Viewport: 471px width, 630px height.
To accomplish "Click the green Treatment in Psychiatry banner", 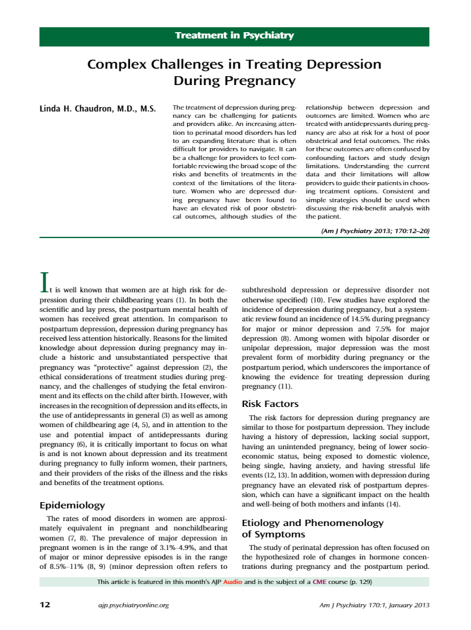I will click(235, 36).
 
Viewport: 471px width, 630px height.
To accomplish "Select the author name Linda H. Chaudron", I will click(98, 109).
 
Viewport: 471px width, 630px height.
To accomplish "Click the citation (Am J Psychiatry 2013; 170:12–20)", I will click(375, 231).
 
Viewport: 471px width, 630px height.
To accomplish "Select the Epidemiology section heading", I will click(72, 505).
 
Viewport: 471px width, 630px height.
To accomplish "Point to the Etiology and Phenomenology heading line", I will click(312, 523).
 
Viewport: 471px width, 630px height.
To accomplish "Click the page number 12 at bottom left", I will click(45, 605).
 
